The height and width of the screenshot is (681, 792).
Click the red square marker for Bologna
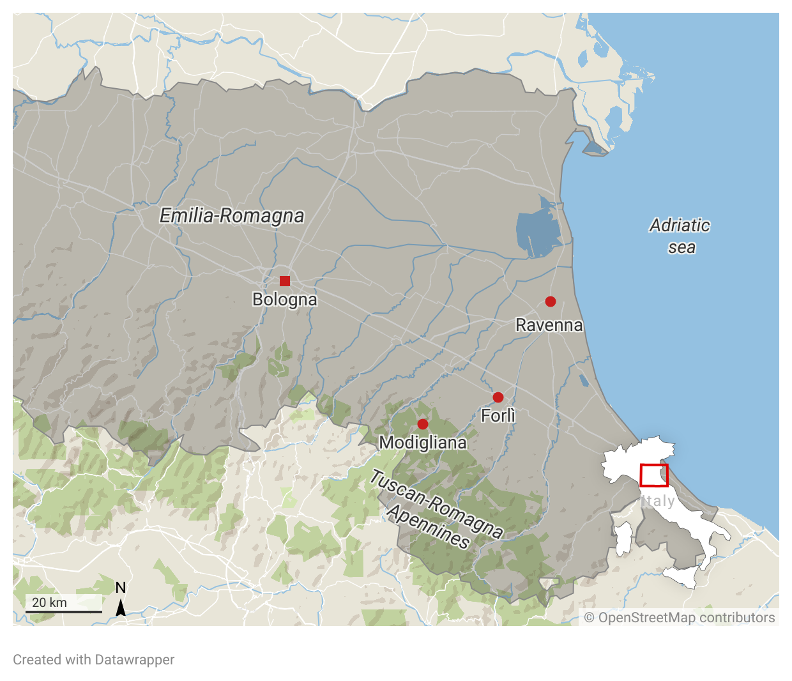pos(285,281)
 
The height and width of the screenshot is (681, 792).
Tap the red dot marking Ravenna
pos(551,302)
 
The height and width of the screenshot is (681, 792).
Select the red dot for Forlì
pos(498,397)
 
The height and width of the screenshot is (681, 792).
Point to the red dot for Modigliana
pos(423,424)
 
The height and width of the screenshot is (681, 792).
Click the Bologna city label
pos(285,300)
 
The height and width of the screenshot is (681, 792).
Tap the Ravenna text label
pos(549,325)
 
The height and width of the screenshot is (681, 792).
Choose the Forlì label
pos(498,416)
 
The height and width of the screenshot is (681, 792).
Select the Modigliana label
pos(423,443)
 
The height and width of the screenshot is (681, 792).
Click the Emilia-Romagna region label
pos(232,216)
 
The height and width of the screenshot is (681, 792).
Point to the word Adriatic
pos(680,226)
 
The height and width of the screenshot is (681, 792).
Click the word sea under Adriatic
pos(682,247)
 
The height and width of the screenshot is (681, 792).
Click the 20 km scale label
pos(49,602)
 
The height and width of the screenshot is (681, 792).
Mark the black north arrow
pos(120,608)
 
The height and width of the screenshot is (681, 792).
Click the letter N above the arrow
pos(120,588)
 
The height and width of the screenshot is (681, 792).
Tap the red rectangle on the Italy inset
pos(654,475)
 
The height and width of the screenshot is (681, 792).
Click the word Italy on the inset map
pos(658,501)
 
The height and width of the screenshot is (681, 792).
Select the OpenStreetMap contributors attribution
pos(680,618)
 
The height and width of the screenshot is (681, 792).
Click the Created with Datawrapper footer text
pos(94,660)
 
